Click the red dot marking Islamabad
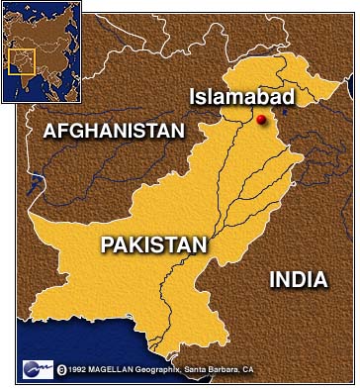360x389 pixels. (261, 120)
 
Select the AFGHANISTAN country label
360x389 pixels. (114, 130)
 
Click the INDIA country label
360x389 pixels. (298, 280)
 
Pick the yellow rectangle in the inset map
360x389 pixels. (22, 61)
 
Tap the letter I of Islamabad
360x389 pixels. (193, 97)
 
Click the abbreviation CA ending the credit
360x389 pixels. (249, 369)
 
